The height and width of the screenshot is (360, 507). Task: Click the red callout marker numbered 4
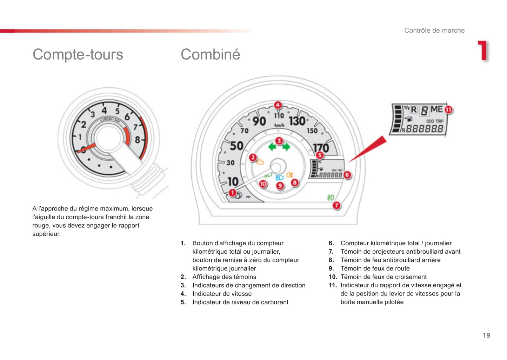(x=278, y=105)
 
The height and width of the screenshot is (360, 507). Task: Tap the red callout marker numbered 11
(x=448, y=110)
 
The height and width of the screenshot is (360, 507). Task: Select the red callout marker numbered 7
(x=336, y=205)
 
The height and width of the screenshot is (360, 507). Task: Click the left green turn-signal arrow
(x=272, y=147)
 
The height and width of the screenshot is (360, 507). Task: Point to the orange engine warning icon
(x=260, y=162)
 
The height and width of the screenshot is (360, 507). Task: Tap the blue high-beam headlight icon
(x=280, y=178)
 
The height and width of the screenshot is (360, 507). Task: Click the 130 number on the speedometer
(x=297, y=121)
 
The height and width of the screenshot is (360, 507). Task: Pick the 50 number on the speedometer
(x=236, y=146)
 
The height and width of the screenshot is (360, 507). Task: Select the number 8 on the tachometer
(x=138, y=140)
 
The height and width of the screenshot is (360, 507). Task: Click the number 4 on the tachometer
(x=104, y=111)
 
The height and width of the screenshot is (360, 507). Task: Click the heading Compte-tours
(x=78, y=54)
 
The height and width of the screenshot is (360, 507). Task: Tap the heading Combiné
(x=210, y=54)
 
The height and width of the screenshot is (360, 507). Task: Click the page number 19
(x=487, y=335)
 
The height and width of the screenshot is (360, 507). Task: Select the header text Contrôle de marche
(x=434, y=30)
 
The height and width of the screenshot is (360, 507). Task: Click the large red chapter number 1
(x=483, y=51)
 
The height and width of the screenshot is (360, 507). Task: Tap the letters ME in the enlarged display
(x=436, y=109)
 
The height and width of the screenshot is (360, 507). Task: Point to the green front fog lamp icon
(x=331, y=198)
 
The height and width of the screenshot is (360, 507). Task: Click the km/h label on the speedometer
(x=279, y=125)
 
